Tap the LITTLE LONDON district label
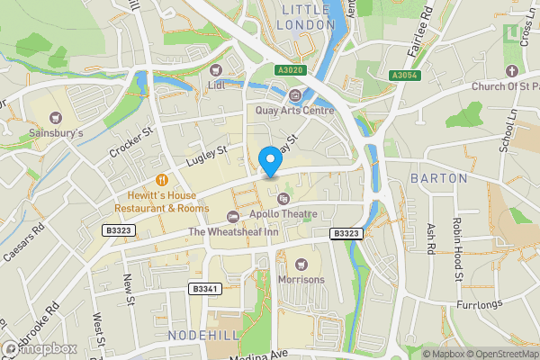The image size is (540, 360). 307,16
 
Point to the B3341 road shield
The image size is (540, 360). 204,289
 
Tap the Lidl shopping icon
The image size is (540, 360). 215,69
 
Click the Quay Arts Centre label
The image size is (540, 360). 294,110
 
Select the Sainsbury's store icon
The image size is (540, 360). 57,117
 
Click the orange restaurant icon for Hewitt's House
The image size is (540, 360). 162,179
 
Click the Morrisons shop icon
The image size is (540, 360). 301,264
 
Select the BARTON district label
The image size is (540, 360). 438,178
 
